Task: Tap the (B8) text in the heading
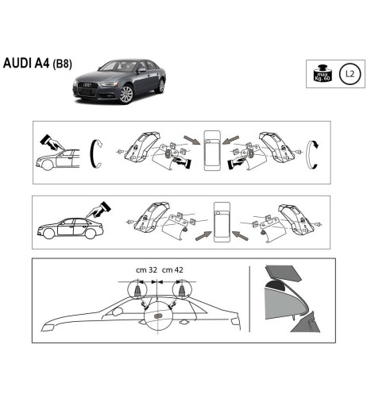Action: pos(62,65)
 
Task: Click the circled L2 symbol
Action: pos(348,74)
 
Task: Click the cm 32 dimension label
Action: pos(146,272)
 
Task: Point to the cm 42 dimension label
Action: pos(173,272)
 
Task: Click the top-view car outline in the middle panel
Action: pos(221,220)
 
